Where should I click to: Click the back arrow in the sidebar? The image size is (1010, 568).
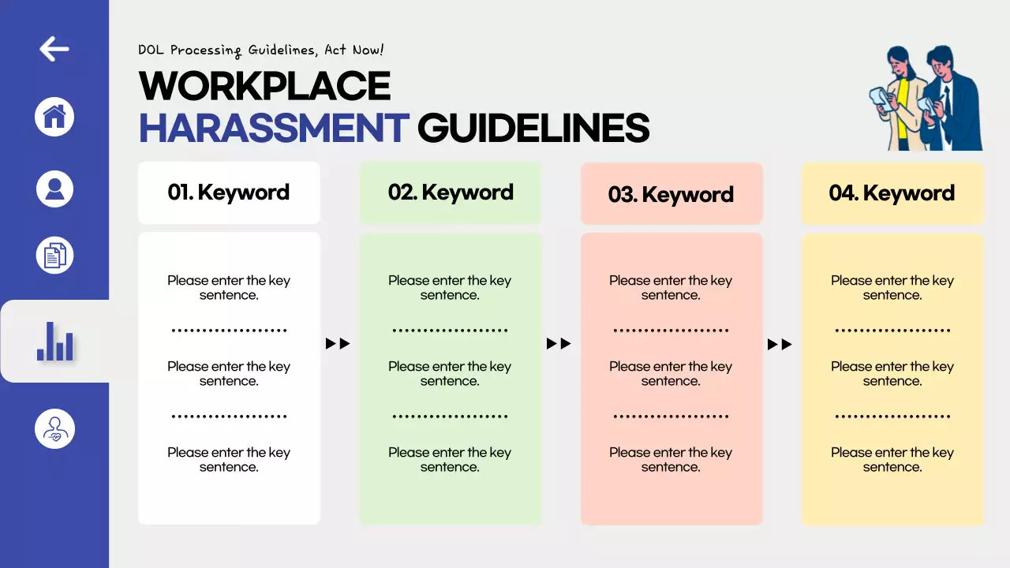[x=54, y=49]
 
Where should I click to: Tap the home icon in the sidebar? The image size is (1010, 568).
[x=54, y=118]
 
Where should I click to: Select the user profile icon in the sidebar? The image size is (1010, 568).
[x=54, y=189]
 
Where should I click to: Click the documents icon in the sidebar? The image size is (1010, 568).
[x=54, y=256]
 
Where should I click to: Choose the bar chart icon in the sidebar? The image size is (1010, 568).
[x=55, y=342]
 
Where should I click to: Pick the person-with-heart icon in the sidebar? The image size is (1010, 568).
[x=54, y=429]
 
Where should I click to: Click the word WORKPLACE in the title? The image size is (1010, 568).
[x=265, y=86]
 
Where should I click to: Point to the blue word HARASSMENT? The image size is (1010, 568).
[x=274, y=128]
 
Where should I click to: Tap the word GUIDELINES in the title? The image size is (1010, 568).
[x=533, y=128]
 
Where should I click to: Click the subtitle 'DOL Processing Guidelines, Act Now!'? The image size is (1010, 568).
[x=261, y=50]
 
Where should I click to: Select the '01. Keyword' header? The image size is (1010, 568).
[x=229, y=192]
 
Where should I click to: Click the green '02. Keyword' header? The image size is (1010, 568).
[x=451, y=192]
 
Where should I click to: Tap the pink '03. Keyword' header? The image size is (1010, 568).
[x=671, y=194]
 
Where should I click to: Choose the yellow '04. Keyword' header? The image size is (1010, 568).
[x=892, y=193]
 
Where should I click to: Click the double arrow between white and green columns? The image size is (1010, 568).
[x=338, y=344]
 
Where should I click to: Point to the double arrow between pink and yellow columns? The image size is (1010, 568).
[x=780, y=344]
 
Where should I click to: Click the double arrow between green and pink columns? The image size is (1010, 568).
[x=559, y=344]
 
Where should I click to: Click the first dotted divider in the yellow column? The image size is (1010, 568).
[x=892, y=331]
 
